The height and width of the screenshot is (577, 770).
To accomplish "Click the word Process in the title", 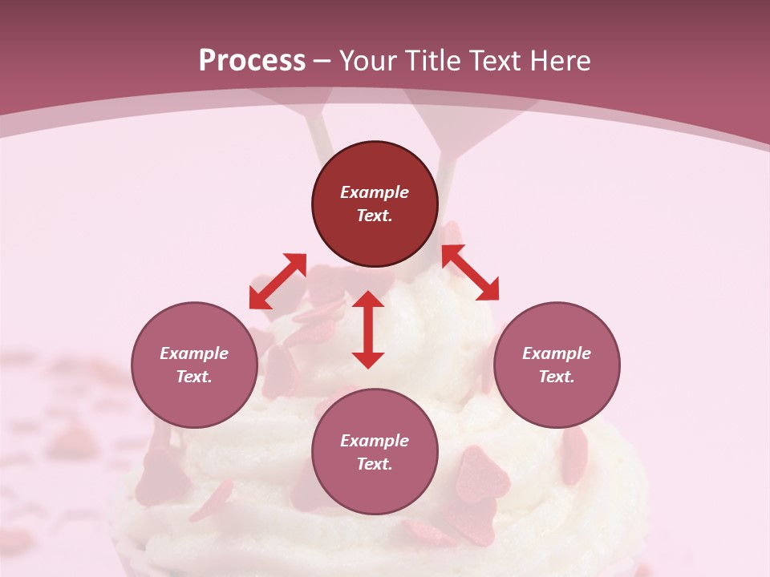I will (x=252, y=61).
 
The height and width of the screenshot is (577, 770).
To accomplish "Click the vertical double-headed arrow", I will (x=368, y=329).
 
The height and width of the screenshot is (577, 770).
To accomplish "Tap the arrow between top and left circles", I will (x=278, y=280).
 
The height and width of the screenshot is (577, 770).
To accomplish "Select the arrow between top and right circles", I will (x=470, y=272).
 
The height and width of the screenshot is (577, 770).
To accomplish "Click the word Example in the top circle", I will (x=375, y=192).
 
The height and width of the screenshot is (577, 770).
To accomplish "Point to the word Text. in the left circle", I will (x=194, y=377).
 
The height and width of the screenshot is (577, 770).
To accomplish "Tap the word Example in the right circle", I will (x=557, y=353).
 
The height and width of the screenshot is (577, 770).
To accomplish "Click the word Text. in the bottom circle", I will (x=375, y=464).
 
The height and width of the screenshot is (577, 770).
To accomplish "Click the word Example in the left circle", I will (x=194, y=353).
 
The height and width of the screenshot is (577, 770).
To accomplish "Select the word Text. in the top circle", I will (x=375, y=216).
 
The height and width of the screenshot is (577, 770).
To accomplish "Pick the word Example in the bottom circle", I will (x=375, y=441).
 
